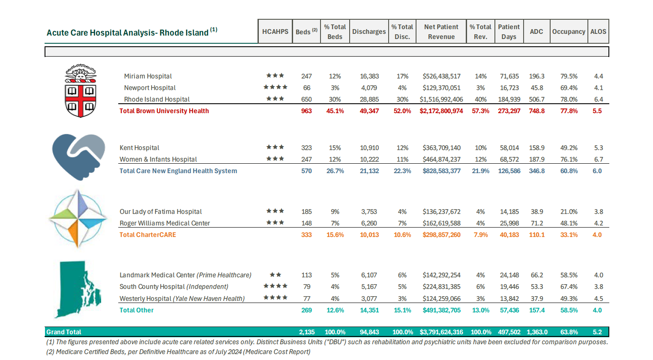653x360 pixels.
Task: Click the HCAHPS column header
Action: coord(275,31)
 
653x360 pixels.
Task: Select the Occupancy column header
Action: coord(568,31)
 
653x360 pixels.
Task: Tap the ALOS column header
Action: coord(598,31)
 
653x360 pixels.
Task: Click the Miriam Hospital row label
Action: coord(148,76)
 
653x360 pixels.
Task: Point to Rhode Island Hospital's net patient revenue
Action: coord(441,99)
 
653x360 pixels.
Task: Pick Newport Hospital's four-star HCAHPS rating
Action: coord(275,87)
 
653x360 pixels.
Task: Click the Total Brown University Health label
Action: coord(164,111)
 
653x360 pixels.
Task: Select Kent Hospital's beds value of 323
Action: coord(306,148)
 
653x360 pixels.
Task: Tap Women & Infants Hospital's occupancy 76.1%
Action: coord(569,159)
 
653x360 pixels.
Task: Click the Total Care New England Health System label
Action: coord(178,171)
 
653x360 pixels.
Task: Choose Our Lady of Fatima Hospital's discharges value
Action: coord(369,212)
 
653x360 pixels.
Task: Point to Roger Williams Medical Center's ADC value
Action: coord(536,223)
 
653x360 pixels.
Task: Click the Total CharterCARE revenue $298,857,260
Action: coord(441,235)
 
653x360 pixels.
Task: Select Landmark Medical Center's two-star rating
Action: coord(275,275)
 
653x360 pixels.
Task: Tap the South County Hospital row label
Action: coord(174,287)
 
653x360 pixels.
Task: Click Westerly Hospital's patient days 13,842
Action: coord(509,299)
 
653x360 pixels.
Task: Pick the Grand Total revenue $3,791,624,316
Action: coord(441,332)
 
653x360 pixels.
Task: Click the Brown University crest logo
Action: coord(81,90)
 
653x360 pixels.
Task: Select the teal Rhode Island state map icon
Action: coord(78,289)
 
